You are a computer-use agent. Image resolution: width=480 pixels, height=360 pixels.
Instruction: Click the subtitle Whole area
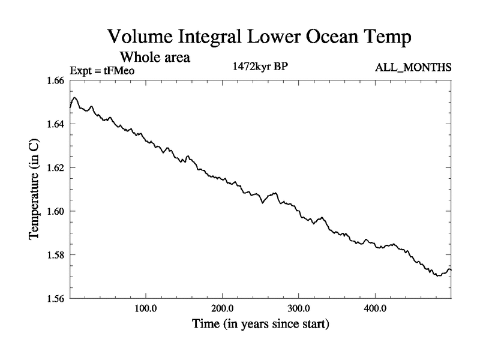tap(155, 58)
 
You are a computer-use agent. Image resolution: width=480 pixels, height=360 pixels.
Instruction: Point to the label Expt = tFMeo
tap(103, 70)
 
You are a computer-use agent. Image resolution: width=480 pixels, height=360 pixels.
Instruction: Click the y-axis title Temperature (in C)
tap(35, 189)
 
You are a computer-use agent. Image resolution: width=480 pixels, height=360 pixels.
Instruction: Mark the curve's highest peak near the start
tap(75, 97)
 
